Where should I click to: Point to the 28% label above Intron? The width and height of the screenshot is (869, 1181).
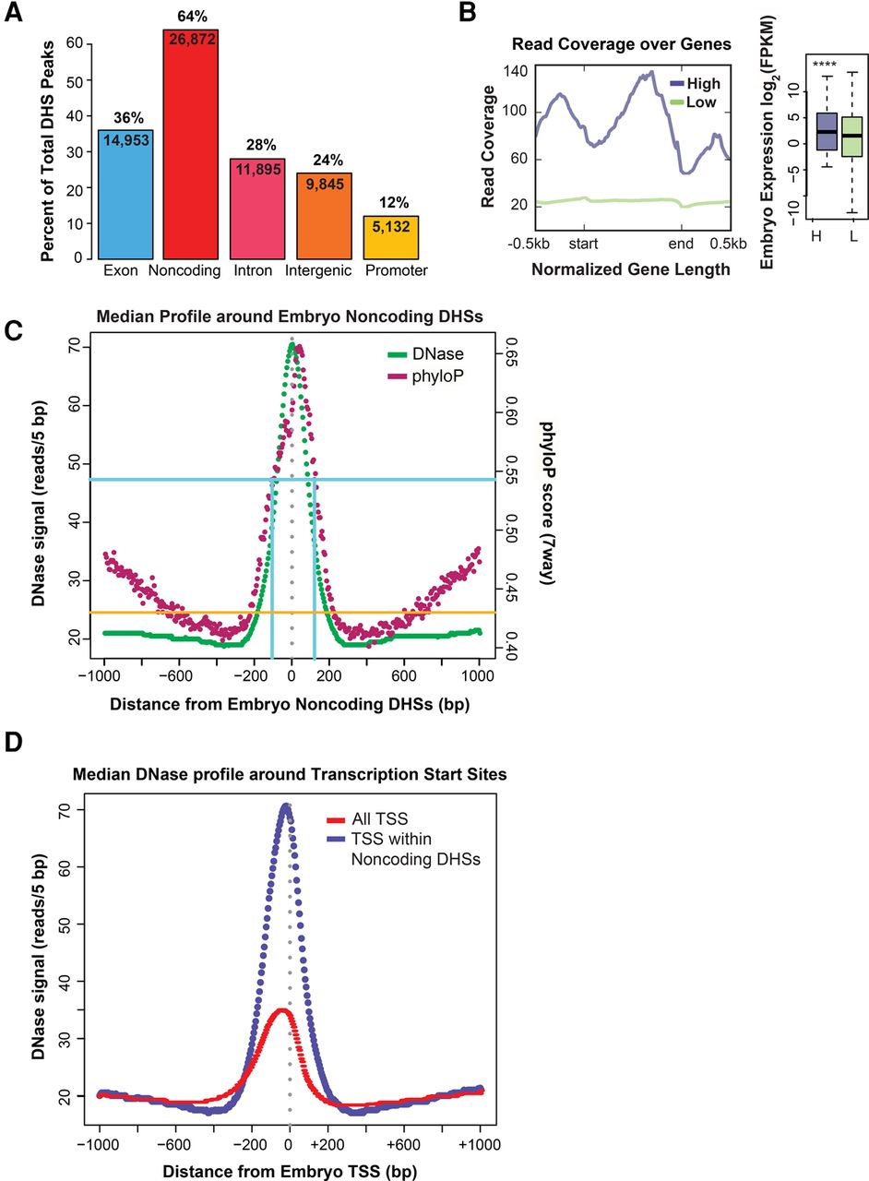click(256, 146)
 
